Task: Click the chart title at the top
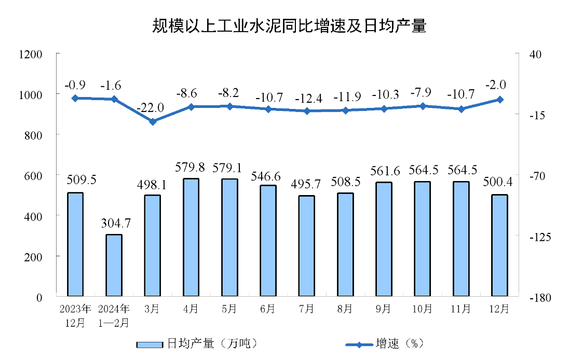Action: pos(289,26)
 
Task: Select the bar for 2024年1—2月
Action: pos(114,265)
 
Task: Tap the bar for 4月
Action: pos(191,237)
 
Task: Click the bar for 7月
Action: pos(307,246)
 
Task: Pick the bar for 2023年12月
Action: pos(75,244)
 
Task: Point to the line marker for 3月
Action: pos(153,121)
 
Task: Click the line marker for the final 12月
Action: pos(500,100)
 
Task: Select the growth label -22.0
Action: pos(151,108)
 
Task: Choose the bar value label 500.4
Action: pos(499,183)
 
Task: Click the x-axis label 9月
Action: pos(384,309)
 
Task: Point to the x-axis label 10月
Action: pos(422,309)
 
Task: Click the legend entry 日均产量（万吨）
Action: pos(197,343)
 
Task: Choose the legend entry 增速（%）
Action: pos(386,343)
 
